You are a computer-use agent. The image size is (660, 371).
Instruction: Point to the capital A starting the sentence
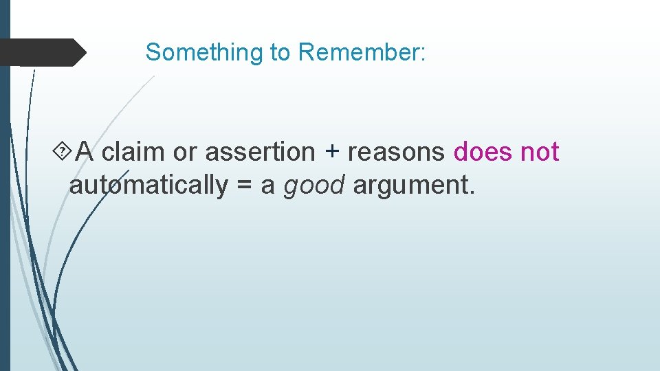pos(85,151)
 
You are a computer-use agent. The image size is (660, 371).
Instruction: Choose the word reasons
pos(396,153)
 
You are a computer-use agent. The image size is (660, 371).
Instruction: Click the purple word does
pos(483,151)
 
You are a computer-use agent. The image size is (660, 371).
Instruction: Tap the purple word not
pos(540,151)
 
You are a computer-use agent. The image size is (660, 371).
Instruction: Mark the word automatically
pos(148,185)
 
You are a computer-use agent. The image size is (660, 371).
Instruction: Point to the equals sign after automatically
pos(244,185)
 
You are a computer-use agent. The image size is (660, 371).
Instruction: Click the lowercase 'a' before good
pos(268,186)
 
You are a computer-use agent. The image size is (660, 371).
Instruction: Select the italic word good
pos(313,185)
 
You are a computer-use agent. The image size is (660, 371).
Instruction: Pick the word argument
pos(409,186)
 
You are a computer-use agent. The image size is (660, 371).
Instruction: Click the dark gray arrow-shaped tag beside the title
pos(41,52)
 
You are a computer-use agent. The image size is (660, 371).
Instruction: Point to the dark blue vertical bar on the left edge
pos(5,206)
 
